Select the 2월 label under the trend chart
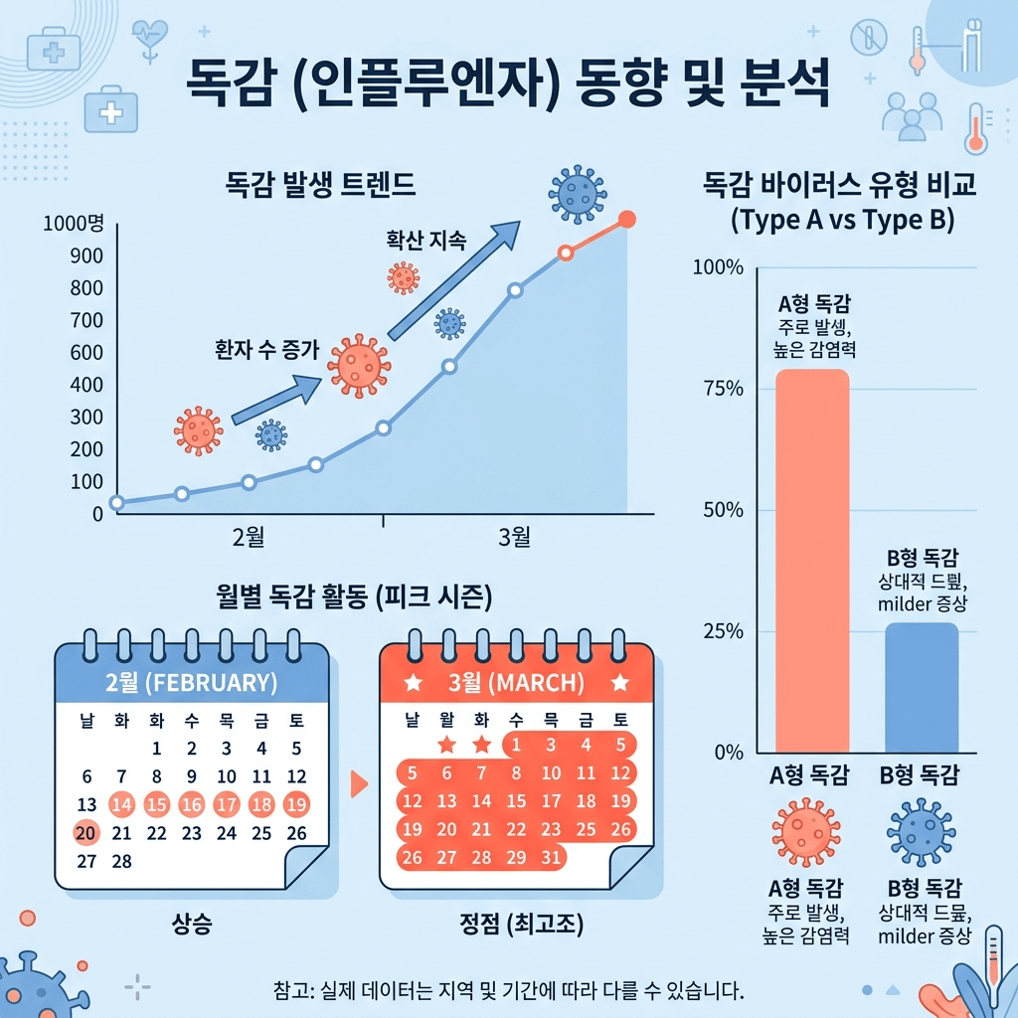pyautogui.click(x=248, y=538)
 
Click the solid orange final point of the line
pyautogui.click(x=626, y=220)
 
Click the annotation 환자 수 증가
pyautogui.click(x=267, y=349)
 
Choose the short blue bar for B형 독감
pyautogui.click(x=922, y=686)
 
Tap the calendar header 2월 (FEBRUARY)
pyautogui.click(x=191, y=683)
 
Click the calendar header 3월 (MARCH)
pyautogui.click(x=516, y=684)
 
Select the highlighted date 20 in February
pyautogui.click(x=86, y=832)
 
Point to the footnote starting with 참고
pyautogui.click(x=508, y=991)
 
